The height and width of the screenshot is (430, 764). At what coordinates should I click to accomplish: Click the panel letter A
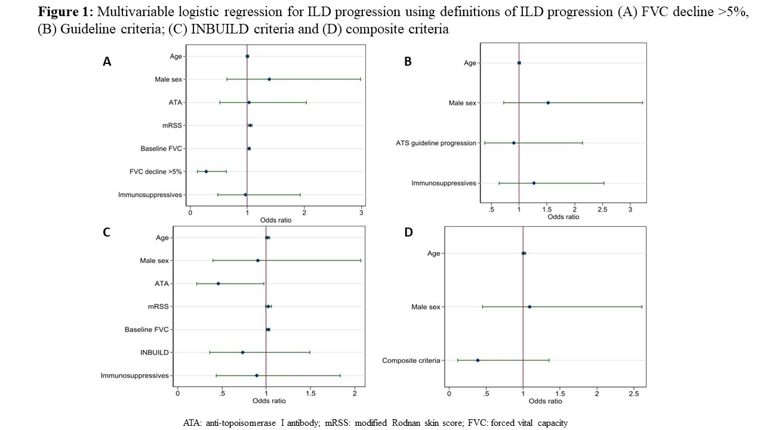(x=107, y=61)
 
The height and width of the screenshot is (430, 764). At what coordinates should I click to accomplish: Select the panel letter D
(x=408, y=232)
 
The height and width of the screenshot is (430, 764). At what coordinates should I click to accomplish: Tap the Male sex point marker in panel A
(x=269, y=79)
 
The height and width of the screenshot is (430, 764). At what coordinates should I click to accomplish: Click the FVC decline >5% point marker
(x=206, y=171)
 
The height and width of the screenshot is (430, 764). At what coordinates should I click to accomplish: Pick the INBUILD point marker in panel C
(x=242, y=352)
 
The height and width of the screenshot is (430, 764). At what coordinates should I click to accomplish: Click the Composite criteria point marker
(x=478, y=360)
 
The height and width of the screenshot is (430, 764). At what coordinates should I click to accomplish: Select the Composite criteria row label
(x=411, y=360)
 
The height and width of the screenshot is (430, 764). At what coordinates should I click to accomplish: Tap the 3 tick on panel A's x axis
(x=361, y=213)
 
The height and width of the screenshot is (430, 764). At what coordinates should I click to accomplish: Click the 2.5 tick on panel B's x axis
(x=602, y=210)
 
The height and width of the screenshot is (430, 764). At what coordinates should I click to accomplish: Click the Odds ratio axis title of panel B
(x=563, y=217)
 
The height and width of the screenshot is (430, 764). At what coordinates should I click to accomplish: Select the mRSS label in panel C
(x=158, y=306)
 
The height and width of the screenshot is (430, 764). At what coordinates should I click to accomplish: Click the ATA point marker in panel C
(x=218, y=284)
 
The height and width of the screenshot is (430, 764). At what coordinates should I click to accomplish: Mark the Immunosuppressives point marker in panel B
(x=534, y=183)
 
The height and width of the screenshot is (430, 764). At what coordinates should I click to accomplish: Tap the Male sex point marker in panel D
(x=529, y=307)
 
